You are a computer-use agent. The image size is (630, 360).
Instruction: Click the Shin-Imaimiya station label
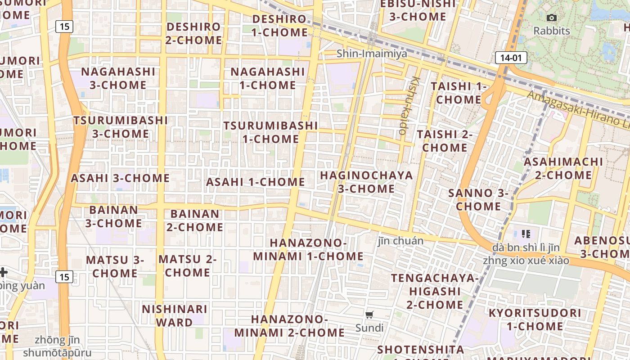click(x=372, y=54)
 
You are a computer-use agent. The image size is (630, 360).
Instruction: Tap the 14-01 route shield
click(x=511, y=58)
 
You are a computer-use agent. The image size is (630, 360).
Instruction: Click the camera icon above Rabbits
click(x=551, y=18)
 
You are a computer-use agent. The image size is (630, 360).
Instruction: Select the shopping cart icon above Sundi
click(x=369, y=315)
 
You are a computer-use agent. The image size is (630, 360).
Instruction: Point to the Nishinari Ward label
click(x=175, y=316)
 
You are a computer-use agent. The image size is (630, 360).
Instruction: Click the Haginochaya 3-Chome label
click(x=366, y=182)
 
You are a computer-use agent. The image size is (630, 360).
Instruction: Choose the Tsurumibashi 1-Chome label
click(x=270, y=132)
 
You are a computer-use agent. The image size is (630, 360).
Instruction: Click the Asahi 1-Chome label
click(x=256, y=182)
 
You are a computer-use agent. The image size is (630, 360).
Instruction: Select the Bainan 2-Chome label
click(x=195, y=220)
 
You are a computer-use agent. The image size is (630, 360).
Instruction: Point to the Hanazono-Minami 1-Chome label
click(x=308, y=250)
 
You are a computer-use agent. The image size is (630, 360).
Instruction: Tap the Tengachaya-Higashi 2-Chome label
click(x=435, y=291)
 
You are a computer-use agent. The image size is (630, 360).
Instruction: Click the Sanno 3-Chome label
click(x=478, y=200)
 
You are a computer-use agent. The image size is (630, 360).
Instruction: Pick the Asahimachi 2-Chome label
click(x=563, y=168)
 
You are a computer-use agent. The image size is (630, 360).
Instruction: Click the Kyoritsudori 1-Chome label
click(x=535, y=319)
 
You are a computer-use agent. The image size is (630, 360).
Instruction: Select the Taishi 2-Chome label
click(x=445, y=141)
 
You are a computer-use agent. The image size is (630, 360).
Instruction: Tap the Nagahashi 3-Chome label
click(x=118, y=78)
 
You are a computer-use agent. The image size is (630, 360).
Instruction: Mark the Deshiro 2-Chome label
click(x=193, y=33)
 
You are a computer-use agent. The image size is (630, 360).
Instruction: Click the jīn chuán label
click(x=400, y=241)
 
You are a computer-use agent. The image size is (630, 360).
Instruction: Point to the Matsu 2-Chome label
click(x=187, y=266)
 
